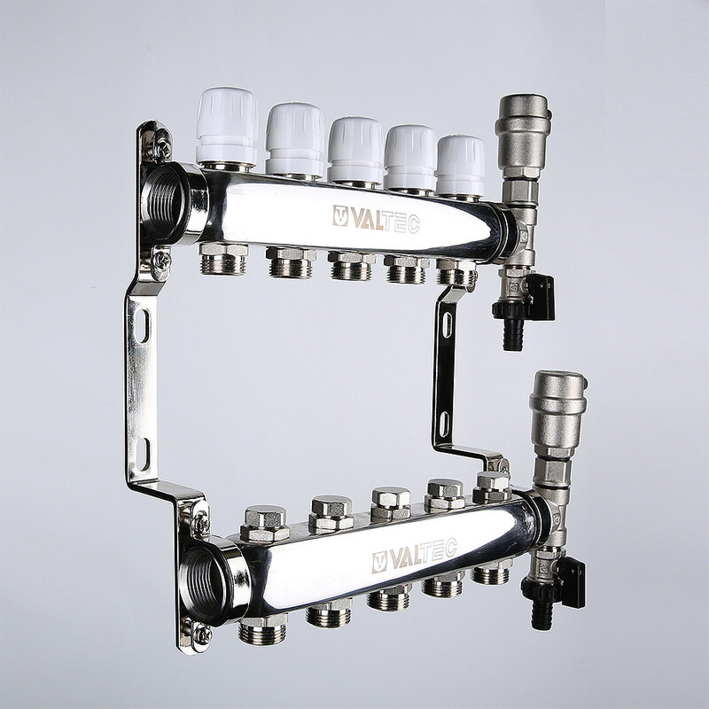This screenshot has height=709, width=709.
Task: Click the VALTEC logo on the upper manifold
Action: coord(376,219)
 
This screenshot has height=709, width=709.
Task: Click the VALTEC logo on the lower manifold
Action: coord(414,556)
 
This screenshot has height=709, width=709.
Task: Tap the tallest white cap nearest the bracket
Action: coord(227,126)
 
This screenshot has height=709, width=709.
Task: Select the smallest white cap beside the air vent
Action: coord(460,166)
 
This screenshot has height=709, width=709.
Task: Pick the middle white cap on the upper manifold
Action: coord(355,150)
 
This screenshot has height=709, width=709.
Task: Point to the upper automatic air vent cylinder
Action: coord(523,136)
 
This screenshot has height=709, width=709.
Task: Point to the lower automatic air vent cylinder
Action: coord(557,414)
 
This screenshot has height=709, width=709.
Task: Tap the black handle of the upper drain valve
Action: coord(541,297)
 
